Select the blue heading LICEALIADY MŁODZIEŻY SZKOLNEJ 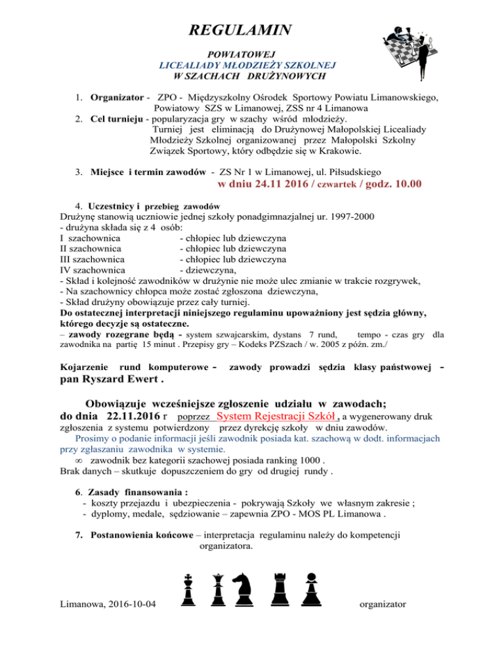tap(247, 66)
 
